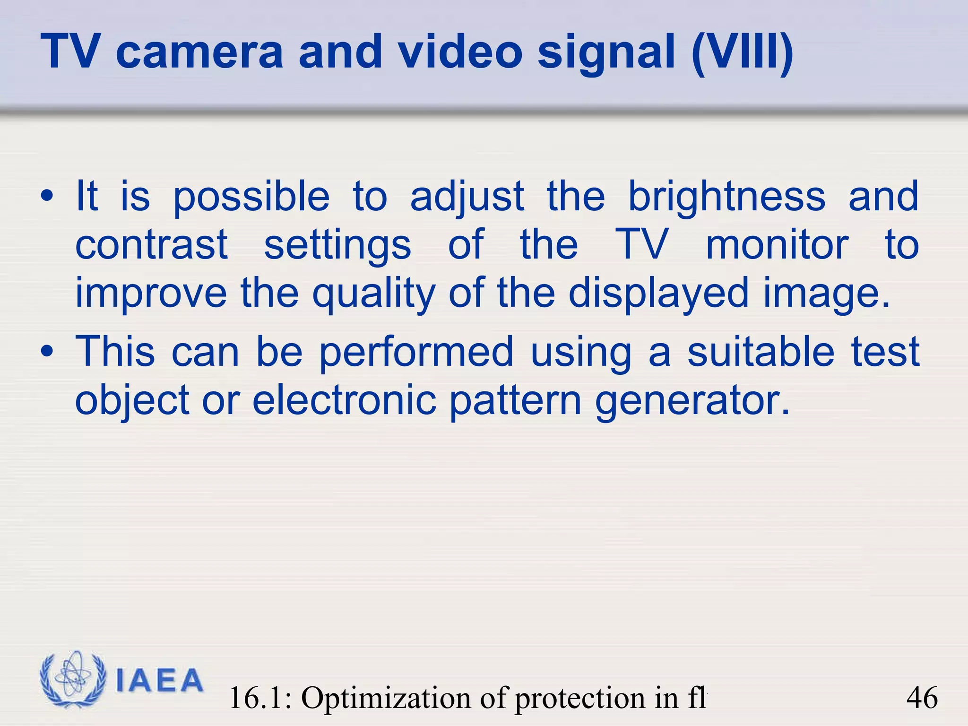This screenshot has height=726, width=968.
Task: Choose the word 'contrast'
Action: coord(152,244)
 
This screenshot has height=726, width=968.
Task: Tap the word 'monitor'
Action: coord(777,244)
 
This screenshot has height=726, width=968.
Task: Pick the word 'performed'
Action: coord(416,352)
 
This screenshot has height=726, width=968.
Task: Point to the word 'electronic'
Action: coord(344,400)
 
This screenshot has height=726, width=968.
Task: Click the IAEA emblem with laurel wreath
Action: coord(73,679)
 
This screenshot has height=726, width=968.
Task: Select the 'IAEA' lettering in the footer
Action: coord(159,680)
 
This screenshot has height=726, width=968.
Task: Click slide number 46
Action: coord(922,698)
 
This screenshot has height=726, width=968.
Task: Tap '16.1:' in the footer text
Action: coord(260,698)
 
